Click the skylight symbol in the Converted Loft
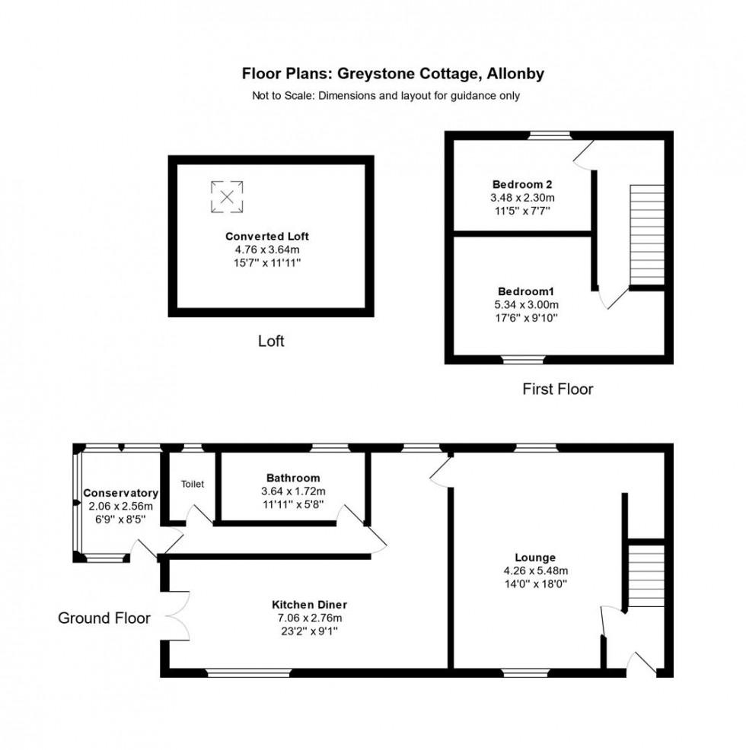[227, 195]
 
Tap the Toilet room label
[192, 484]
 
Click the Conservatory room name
[121, 493]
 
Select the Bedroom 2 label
[521, 184]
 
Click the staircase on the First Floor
[647, 232]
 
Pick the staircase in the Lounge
[646, 575]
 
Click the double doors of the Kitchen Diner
[175, 615]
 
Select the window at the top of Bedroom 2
[550, 135]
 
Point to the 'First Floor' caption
[557, 389]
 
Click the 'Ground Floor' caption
[104, 618]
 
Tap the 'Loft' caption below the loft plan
[270, 342]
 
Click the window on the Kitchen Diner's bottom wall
[249, 672]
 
